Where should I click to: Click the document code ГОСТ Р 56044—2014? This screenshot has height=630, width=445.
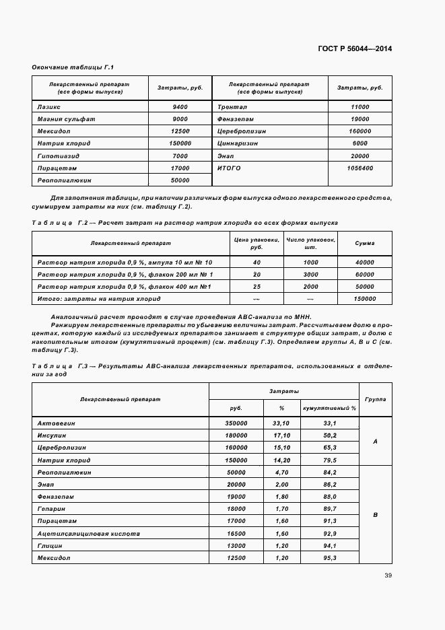(x=355, y=49)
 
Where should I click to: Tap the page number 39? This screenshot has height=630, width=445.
(x=388, y=575)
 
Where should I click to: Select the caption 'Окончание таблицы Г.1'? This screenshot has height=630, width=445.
(x=73, y=67)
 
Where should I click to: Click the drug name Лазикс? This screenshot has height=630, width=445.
(x=49, y=107)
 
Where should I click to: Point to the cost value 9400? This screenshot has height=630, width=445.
(x=180, y=107)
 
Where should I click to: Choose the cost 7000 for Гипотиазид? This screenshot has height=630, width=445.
(x=180, y=155)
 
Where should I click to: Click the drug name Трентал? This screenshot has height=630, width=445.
(x=232, y=107)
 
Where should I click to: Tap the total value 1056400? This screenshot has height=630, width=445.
(x=360, y=168)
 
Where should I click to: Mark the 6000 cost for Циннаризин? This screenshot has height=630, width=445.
(x=360, y=143)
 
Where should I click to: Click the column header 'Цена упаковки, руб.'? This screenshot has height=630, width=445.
(x=246, y=243)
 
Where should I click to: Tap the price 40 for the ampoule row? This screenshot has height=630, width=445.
(x=256, y=262)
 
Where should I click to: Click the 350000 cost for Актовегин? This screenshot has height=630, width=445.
(x=236, y=423)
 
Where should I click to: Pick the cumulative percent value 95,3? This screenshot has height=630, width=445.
(x=330, y=558)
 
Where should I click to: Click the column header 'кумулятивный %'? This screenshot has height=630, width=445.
(x=329, y=408)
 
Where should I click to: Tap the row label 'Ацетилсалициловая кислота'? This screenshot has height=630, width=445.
(x=89, y=534)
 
